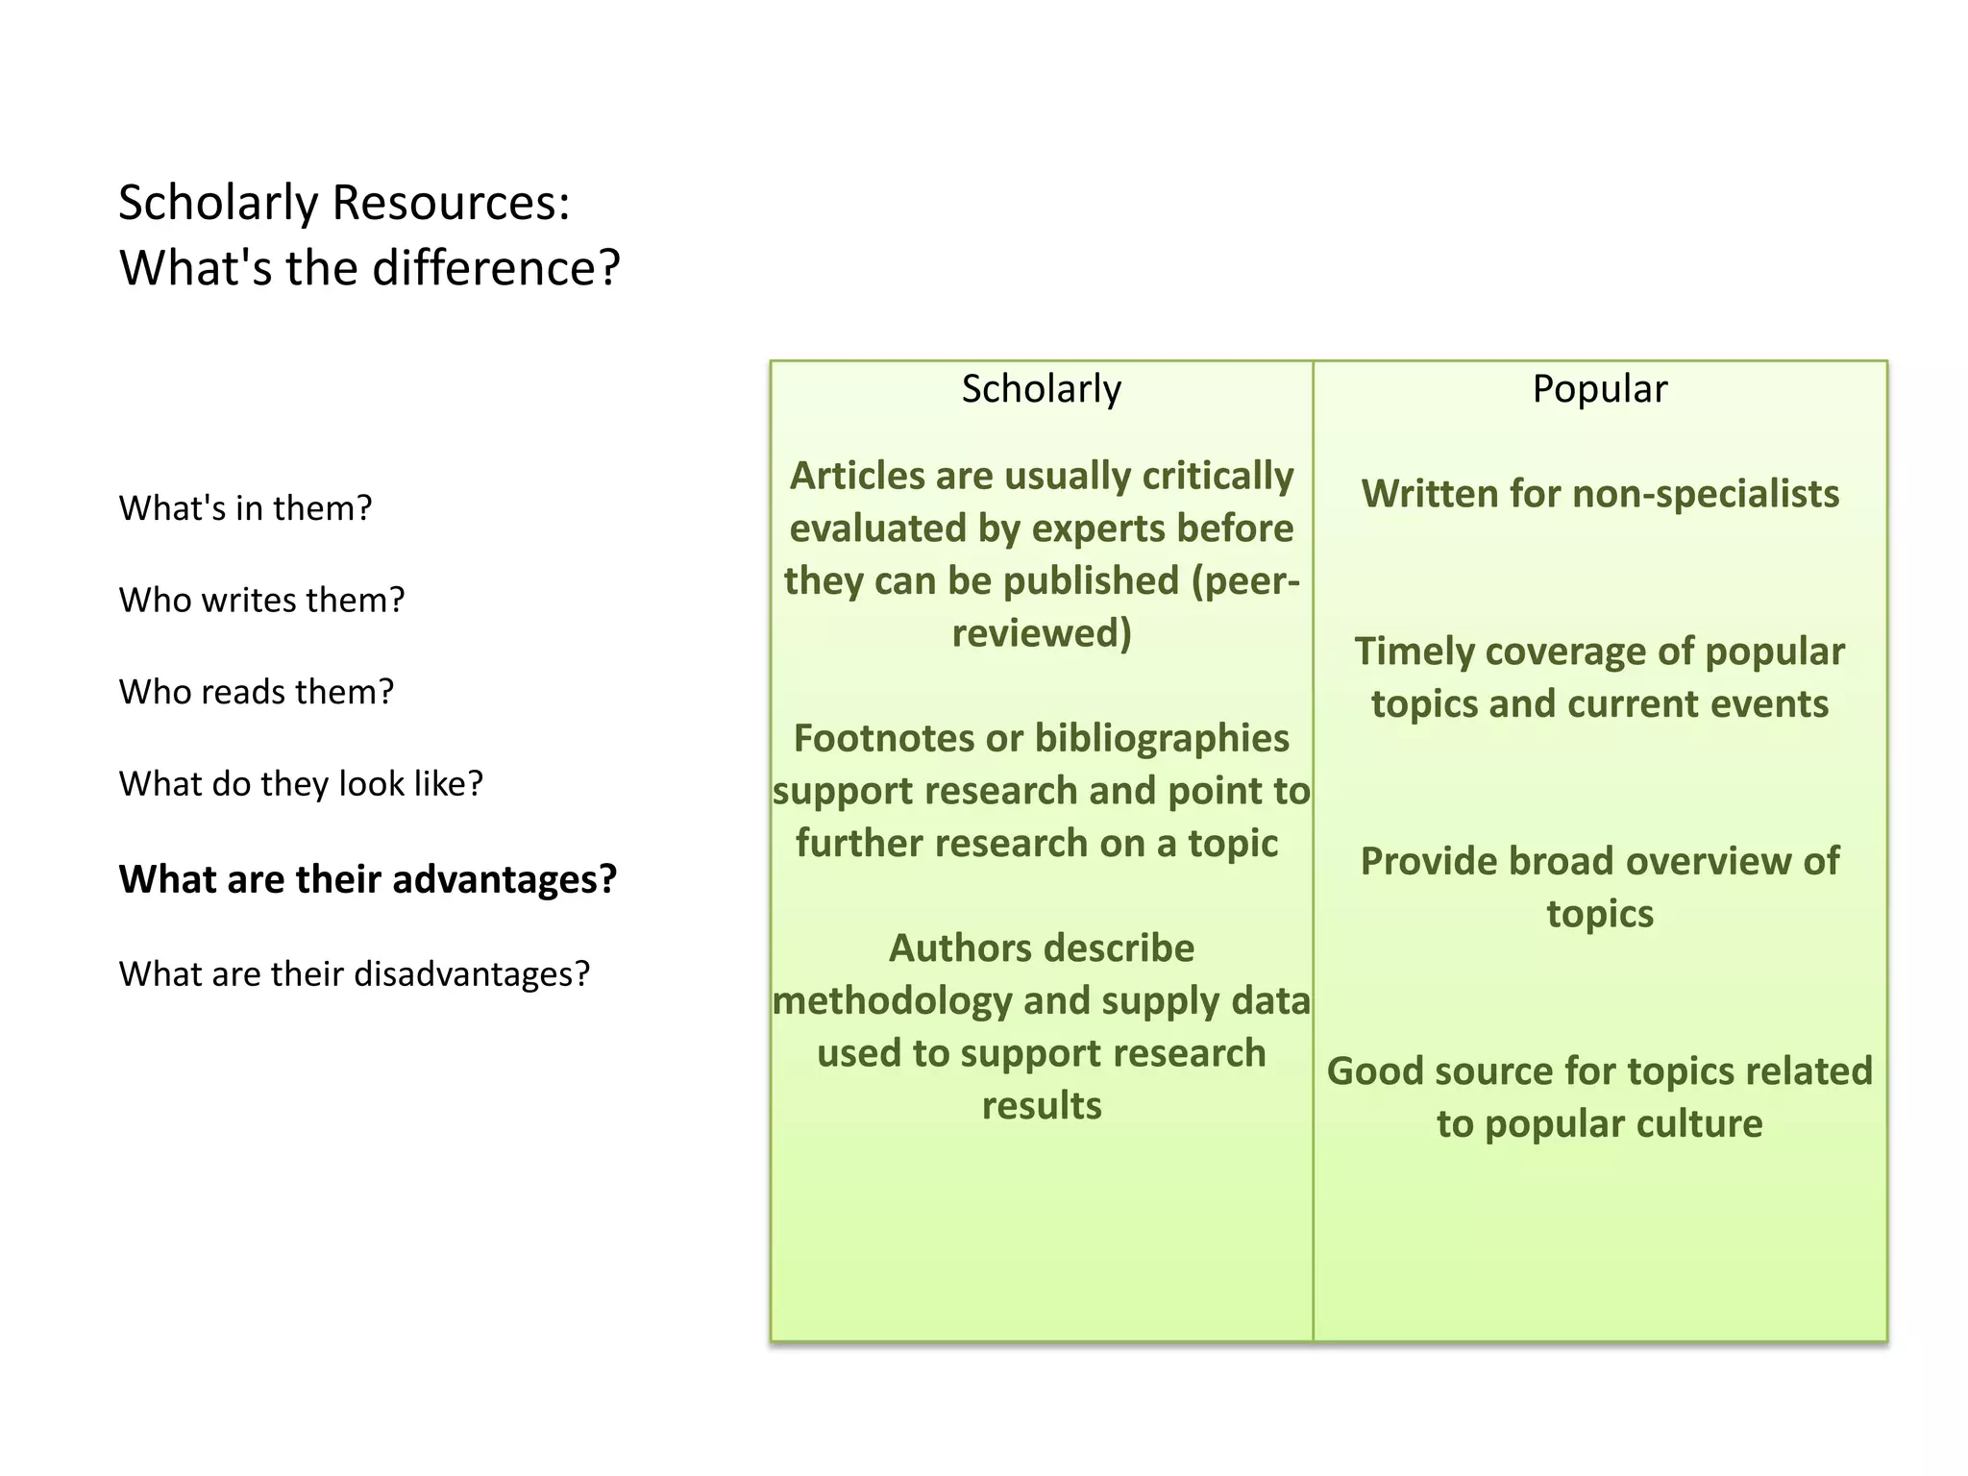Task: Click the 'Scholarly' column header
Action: tap(1041, 389)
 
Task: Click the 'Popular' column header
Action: tap(1599, 389)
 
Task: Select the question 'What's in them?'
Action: tap(245, 508)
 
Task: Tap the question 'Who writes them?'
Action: tap(261, 601)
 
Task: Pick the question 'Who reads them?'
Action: tap(257, 692)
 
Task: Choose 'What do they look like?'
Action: tap(301, 784)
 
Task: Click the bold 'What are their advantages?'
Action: tap(367, 879)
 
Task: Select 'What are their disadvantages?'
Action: tap(354, 974)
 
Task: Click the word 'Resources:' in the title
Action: tap(451, 204)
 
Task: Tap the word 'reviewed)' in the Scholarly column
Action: tap(1042, 633)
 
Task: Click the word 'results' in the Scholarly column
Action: tap(1042, 1106)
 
